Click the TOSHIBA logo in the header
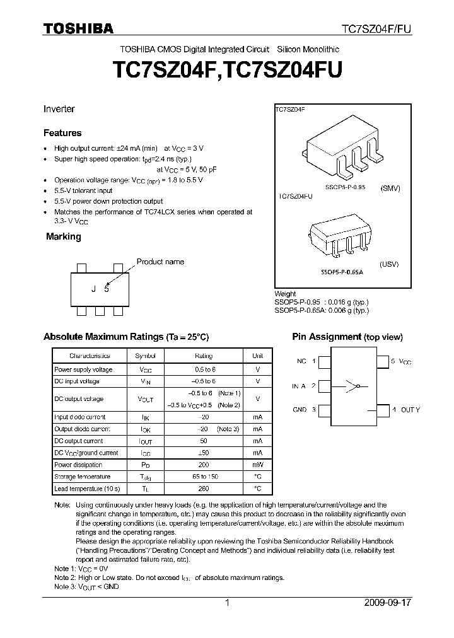[x=78, y=28]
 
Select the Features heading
[x=62, y=133]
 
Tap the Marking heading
[x=64, y=236]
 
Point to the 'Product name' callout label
[x=160, y=262]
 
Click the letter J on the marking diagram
[x=94, y=289]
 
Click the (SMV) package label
[x=391, y=188]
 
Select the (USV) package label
[x=390, y=264]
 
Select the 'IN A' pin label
[x=299, y=386]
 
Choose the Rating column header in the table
[x=204, y=356]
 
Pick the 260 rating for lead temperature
[x=204, y=489]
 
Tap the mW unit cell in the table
[x=257, y=465]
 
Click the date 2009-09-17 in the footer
[x=388, y=603]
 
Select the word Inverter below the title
[x=59, y=109]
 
